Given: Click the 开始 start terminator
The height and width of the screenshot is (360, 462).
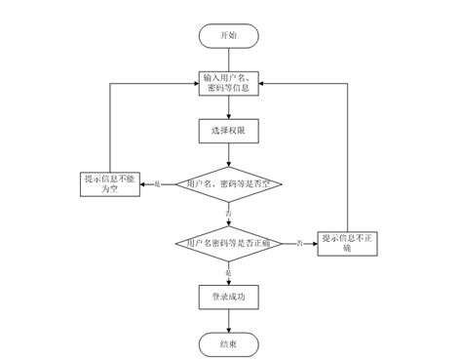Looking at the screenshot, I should [228, 36].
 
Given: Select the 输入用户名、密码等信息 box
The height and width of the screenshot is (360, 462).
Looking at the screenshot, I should [228, 83].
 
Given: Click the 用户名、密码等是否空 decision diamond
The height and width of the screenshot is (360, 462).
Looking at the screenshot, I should [228, 183].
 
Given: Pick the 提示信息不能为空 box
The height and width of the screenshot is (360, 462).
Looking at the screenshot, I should [113, 183].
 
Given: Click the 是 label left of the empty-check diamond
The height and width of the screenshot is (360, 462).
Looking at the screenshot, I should [158, 183].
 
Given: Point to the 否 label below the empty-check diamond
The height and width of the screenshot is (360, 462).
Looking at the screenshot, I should [228, 212].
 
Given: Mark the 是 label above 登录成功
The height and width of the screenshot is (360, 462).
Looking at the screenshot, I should [228, 272].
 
